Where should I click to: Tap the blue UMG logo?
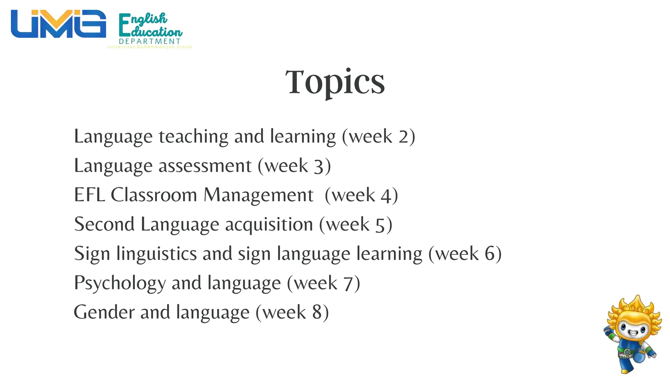coord(58,24)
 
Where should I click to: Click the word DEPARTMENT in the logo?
coord(150,41)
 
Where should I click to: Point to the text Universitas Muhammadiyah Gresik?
coord(150,47)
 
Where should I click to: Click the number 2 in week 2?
coord(403,137)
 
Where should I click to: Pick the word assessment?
coord(205,166)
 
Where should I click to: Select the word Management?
coord(258,195)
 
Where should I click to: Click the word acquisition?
coord(269,224)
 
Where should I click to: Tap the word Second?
coord(104,224)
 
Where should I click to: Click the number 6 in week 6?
coord(490,254)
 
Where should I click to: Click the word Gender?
coord(104,312)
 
